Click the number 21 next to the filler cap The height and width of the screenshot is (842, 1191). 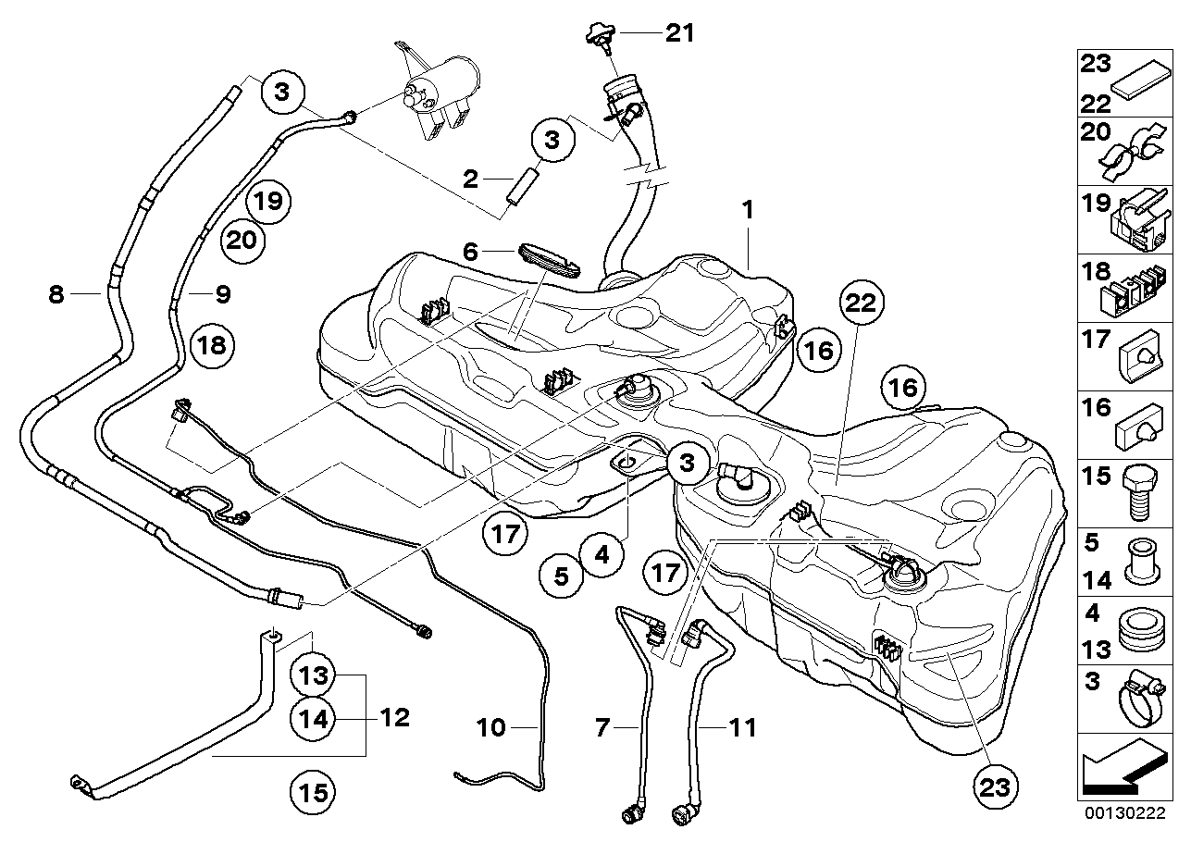tap(680, 33)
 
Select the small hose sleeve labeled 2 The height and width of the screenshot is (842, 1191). tap(523, 184)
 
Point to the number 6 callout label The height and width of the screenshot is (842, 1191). tap(470, 252)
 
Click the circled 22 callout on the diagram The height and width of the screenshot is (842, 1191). tap(862, 303)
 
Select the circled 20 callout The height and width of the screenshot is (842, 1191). tap(242, 241)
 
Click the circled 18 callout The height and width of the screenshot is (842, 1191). tap(213, 345)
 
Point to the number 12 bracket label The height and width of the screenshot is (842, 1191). tap(395, 718)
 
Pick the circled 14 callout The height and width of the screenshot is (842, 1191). tap(313, 719)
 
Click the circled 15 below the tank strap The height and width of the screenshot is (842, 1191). tap(313, 792)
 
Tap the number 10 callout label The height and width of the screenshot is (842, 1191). tap(490, 727)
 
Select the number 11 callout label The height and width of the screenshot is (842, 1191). tap(743, 727)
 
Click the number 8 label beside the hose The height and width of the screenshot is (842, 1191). tap(56, 294)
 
